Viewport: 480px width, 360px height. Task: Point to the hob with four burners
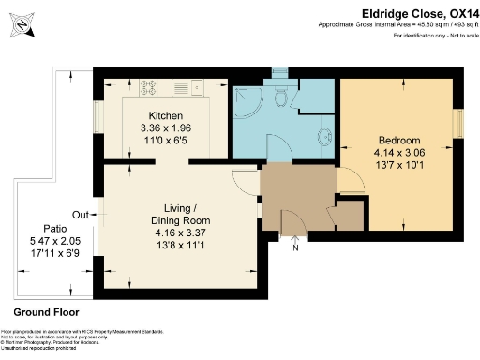pos(150,90)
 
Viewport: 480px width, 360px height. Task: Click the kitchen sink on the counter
pos(198,89)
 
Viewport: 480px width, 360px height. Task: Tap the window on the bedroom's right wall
pos(458,123)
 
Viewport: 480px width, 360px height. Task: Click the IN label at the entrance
pos(293,247)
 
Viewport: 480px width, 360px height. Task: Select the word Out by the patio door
pos(80,213)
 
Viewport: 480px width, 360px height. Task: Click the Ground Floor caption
pos(47,312)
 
